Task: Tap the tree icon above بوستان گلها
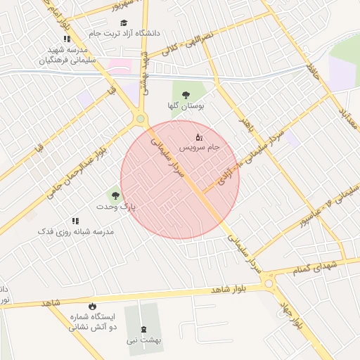[186, 94]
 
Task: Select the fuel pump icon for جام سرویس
[199, 136]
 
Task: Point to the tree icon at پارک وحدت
[115, 195]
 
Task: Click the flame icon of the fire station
[92, 306]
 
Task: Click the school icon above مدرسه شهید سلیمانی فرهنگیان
[67, 39]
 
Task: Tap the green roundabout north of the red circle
[141, 119]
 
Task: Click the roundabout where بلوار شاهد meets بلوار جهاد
[268, 283]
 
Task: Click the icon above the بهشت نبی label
[144, 329]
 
